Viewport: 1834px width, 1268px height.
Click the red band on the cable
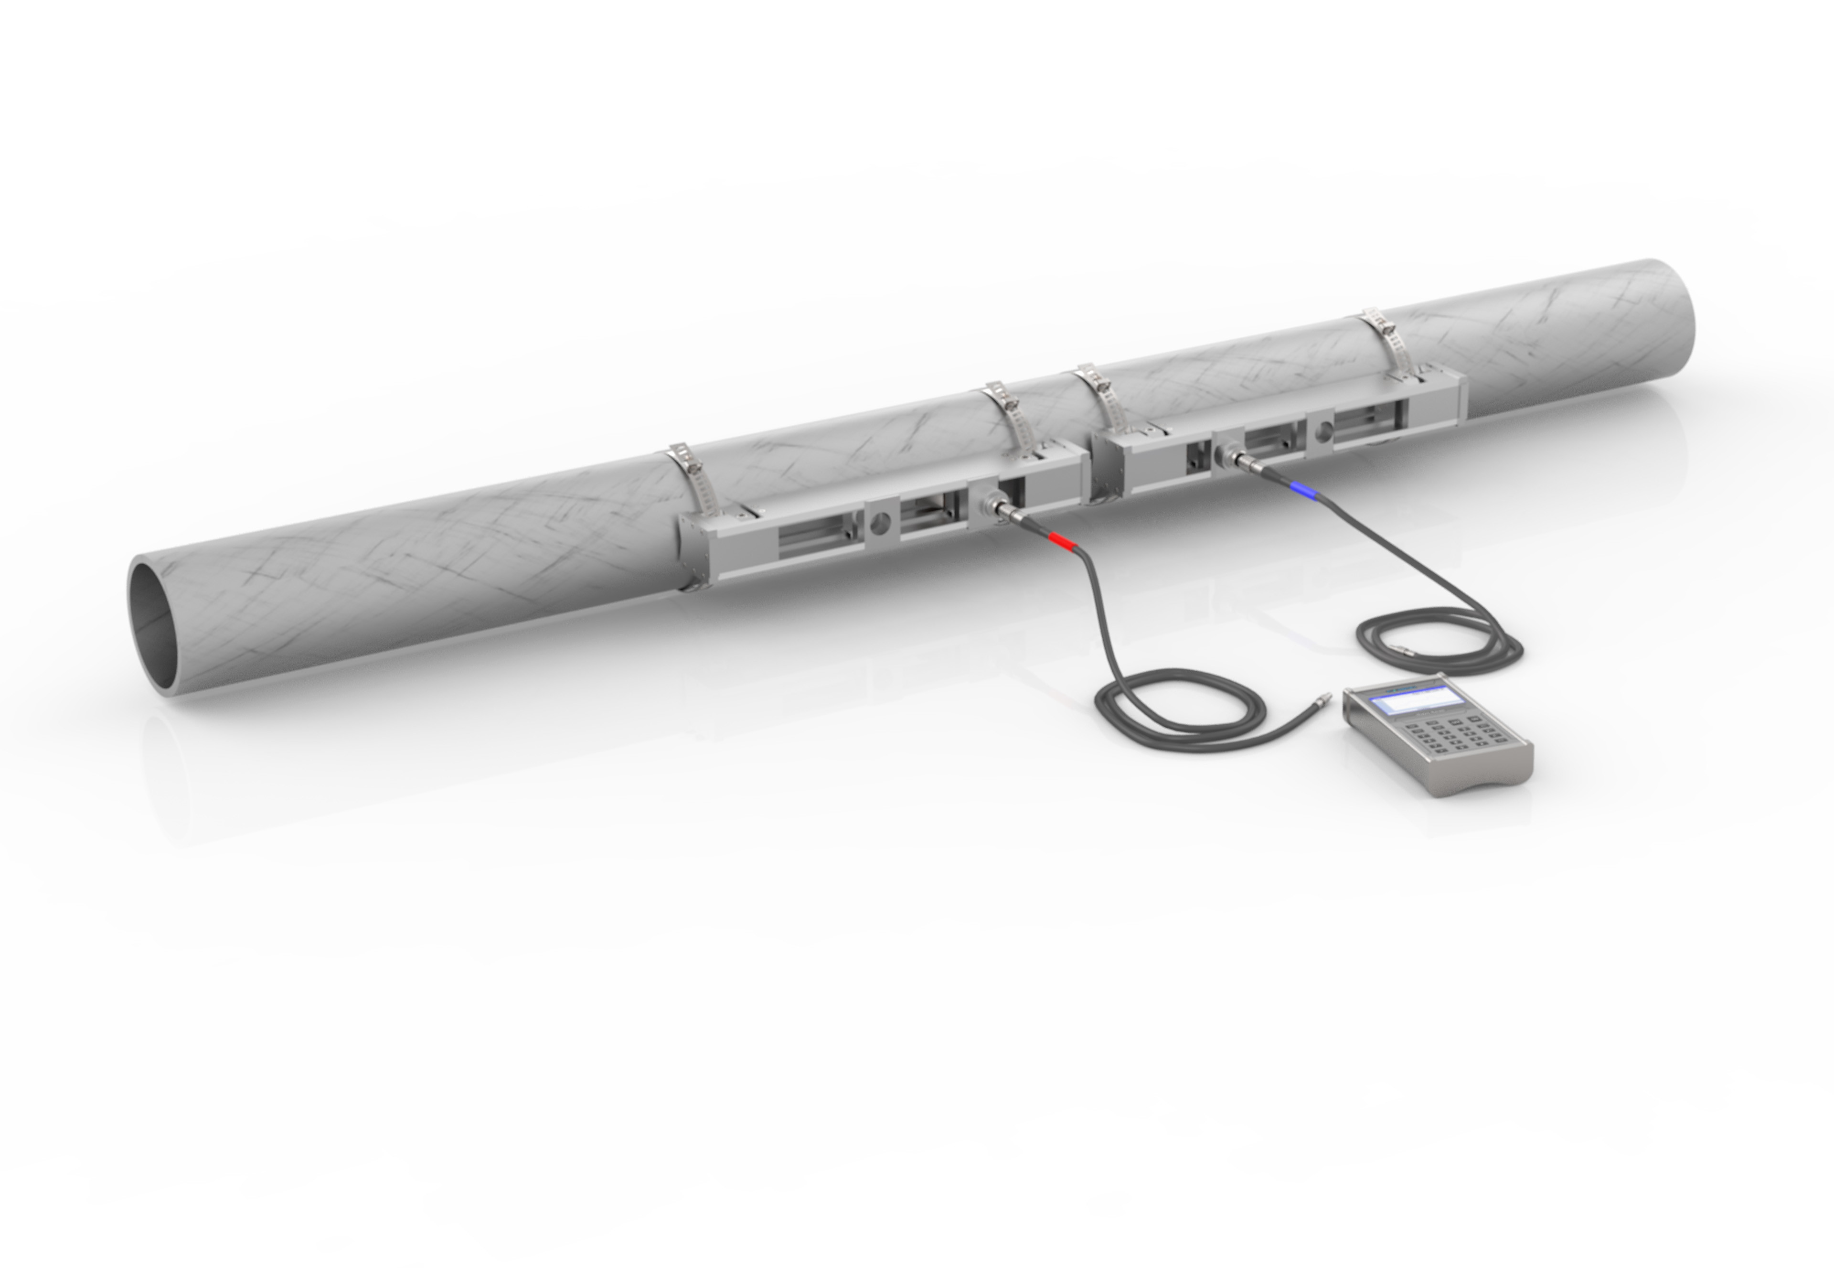coord(1062,541)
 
